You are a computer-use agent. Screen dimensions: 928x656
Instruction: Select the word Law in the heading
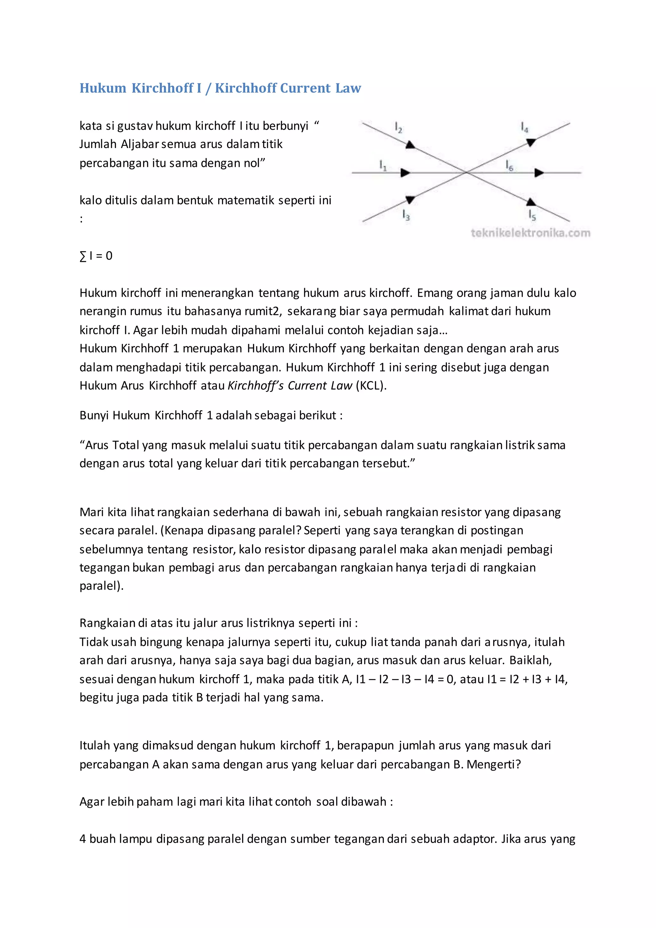point(348,88)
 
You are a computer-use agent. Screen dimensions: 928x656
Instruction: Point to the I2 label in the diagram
point(398,128)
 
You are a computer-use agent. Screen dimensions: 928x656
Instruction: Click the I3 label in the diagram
point(406,215)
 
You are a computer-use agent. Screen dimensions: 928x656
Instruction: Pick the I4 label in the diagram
point(524,127)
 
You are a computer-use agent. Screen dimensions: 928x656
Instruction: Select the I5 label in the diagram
point(532,215)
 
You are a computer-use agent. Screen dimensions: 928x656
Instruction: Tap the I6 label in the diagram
point(509,165)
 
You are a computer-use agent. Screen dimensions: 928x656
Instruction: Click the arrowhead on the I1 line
point(405,173)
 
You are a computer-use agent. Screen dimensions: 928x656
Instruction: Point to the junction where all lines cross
point(467,173)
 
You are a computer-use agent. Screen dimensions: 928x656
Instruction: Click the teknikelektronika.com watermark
point(530,233)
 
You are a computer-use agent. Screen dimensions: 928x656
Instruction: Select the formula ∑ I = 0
point(96,256)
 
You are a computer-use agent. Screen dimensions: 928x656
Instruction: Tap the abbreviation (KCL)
point(371,385)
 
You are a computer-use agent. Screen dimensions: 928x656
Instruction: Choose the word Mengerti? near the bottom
point(494,765)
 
